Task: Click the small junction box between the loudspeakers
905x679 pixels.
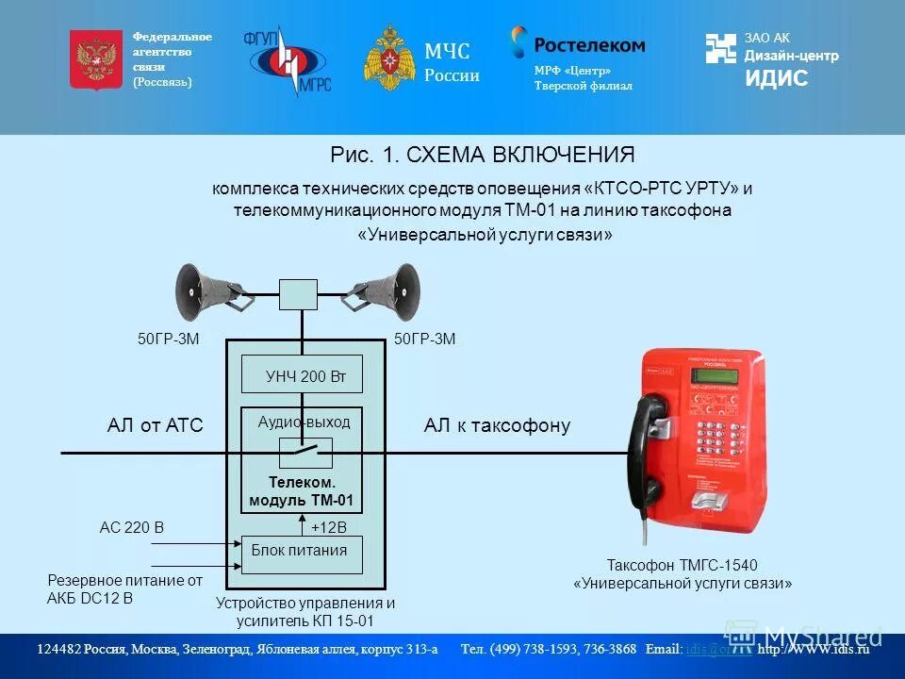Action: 298,294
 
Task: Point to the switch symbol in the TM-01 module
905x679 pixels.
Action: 304,453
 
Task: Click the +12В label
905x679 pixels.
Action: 329,527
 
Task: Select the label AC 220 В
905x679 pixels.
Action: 132,527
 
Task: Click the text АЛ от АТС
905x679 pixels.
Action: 156,425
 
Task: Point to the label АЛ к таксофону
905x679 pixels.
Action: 497,425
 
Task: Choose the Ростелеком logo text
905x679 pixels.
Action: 589,44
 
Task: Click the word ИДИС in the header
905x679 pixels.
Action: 776,79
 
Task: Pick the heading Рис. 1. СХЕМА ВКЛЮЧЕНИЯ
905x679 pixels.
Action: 482,155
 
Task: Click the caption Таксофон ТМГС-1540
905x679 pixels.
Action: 682,565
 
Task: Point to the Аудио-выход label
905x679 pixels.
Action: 304,422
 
